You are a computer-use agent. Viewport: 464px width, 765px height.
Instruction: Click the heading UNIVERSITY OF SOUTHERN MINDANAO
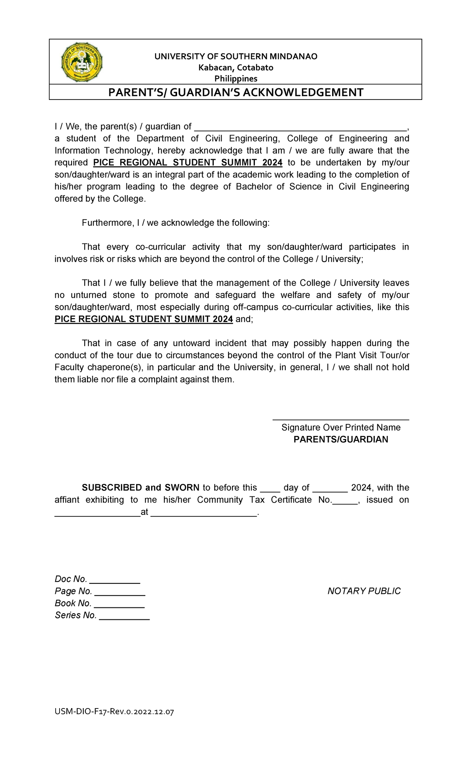[x=236, y=57]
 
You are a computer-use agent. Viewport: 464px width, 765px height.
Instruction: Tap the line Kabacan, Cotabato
[x=236, y=68]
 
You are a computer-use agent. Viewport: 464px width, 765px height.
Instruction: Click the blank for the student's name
[x=300, y=127]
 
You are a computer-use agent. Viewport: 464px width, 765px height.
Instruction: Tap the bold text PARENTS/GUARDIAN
[x=341, y=439]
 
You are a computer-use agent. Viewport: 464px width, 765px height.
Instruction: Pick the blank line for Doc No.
[x=114, y=580]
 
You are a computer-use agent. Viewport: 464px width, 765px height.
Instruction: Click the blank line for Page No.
[x=119, y=592]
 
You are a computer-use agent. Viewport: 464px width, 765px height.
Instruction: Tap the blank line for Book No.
[x=119, y=604]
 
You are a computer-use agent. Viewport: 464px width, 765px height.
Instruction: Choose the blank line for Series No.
[x=124, y=616]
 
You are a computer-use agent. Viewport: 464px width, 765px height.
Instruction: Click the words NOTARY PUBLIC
[x=364, y=591]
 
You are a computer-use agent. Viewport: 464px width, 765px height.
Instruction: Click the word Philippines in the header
[x=236, y=79]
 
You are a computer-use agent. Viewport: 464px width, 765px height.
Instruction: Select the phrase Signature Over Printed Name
[x=341, y=427]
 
